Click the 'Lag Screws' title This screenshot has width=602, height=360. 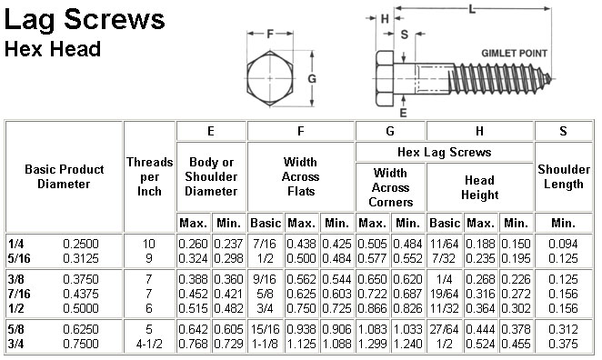85,20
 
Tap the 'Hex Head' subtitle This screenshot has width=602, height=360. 53,49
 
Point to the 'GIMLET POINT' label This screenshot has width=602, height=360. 514,54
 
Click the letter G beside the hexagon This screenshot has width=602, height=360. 312,79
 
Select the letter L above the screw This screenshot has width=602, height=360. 472,9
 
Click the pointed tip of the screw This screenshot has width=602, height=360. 552,79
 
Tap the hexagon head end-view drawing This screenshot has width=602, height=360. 270,78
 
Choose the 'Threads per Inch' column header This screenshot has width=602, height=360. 149,176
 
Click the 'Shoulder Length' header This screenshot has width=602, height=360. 563,176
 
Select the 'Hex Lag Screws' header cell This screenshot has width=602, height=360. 444,152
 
